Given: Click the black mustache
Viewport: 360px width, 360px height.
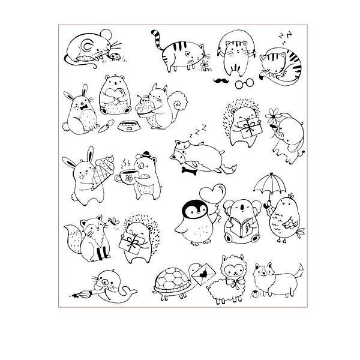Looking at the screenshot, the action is click(x=221, y=80).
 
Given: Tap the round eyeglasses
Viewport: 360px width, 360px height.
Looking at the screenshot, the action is click(x=244, y=83).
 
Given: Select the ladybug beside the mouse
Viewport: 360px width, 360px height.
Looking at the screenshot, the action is click(x=115, y=56).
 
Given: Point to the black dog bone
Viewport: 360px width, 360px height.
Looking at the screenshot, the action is click(x=189, y=171).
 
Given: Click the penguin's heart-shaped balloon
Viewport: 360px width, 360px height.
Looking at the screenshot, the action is click(x=212, y=192).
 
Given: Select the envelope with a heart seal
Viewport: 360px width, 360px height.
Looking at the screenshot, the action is click(x=203, y=274).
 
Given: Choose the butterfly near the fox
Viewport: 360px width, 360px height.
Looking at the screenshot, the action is click(x=114, y=221).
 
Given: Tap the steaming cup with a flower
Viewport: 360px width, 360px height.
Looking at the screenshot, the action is click(x=127, y=176).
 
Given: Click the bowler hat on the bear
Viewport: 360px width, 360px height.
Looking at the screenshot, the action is click(x=146, y=155).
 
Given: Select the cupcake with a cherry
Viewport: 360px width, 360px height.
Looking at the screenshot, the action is click(x=145, y=107).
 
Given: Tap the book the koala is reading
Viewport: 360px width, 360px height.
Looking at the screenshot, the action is click(x=242, y=227).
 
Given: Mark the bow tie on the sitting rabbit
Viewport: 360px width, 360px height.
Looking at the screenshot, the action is click(x=83, y=107).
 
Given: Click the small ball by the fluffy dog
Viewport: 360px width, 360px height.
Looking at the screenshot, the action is click(x=256, y=293).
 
